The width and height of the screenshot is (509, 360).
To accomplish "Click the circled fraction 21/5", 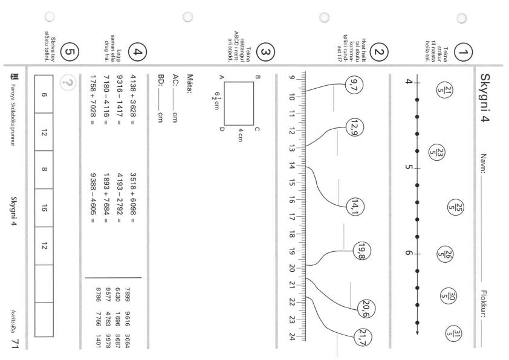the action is point(445,90).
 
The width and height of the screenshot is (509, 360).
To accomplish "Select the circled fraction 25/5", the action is point(455,207).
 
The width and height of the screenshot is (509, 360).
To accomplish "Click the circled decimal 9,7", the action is point(354,85).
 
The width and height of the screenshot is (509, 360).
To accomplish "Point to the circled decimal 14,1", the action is point(355,207).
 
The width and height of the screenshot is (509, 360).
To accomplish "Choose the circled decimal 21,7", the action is point(363,337).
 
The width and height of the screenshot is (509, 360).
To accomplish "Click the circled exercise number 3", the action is point(265,52).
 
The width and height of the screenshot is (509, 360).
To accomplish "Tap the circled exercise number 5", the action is point(70,52).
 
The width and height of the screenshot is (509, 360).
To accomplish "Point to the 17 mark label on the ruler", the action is point(291,217).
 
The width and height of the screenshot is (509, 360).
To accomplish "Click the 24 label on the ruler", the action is point(291,336).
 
